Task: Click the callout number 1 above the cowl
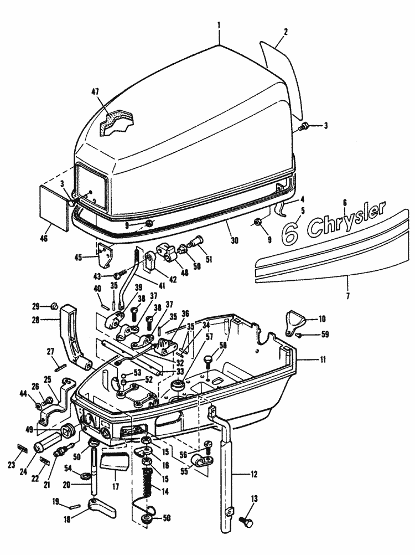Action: pos(219,25)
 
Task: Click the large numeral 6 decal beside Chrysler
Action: pos(291,232)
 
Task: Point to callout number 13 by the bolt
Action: pos(254,500)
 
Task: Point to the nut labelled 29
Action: pos(54,306)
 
